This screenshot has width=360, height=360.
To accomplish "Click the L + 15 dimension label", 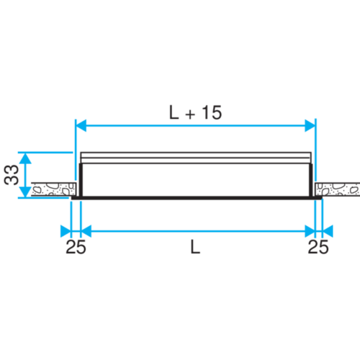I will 195,112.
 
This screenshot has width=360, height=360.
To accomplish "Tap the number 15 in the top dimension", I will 212,112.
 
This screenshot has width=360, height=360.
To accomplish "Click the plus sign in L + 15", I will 189,113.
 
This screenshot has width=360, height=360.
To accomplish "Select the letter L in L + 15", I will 174,112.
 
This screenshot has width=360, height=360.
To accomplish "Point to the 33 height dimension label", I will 10,174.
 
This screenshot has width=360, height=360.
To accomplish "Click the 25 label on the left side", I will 75,248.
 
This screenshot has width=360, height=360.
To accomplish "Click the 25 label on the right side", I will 318,248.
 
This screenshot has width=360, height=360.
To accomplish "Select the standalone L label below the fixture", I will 194,247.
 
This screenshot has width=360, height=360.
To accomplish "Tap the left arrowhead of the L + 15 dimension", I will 81,126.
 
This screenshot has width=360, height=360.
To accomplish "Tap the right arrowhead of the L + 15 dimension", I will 310,126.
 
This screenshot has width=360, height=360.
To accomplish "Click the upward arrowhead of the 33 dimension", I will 25,158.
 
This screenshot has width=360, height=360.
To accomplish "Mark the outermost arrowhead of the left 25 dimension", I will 65,231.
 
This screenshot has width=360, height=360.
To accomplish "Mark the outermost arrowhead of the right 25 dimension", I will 328,231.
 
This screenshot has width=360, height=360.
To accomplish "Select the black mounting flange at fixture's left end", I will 76,189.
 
